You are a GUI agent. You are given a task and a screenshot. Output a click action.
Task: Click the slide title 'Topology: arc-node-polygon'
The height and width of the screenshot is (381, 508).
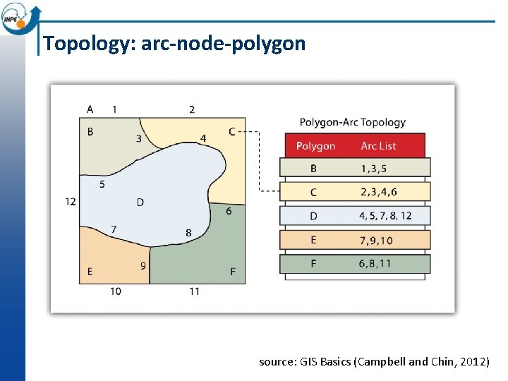174,44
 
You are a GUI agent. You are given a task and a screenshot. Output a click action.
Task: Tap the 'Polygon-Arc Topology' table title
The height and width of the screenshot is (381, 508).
352,122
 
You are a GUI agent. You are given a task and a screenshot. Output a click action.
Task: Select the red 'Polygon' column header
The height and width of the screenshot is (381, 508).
315,146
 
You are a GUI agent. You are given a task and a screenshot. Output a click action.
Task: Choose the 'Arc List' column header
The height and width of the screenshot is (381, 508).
378,146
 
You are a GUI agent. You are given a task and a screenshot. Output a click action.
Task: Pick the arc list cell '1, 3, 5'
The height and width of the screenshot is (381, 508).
374,169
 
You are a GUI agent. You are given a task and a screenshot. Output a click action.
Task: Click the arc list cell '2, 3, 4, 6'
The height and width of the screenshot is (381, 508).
378,192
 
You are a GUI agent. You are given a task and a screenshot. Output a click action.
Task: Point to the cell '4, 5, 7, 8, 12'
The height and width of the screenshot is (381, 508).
385,216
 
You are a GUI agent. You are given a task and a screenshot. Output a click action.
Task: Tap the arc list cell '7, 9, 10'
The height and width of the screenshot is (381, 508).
376,241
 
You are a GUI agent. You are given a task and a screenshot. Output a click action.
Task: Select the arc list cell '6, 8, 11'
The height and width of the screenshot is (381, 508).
375,264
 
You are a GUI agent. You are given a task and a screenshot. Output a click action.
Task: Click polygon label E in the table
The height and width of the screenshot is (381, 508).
313,241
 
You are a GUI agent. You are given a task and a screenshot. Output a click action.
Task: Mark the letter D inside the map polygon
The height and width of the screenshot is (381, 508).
140,202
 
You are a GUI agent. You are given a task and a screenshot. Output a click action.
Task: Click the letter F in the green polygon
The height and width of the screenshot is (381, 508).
233,272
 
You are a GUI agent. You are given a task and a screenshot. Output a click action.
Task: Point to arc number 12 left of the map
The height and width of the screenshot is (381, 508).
71,202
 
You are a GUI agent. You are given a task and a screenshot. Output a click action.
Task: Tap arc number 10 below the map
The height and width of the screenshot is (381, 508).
115,291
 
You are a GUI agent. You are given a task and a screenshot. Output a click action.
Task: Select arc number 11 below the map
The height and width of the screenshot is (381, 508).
194,291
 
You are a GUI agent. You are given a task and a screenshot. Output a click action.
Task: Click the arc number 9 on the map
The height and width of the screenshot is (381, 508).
143,266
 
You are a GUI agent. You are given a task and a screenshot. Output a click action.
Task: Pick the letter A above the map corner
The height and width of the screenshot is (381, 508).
90,109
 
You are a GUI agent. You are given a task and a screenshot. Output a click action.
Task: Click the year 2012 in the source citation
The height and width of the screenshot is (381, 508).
473,362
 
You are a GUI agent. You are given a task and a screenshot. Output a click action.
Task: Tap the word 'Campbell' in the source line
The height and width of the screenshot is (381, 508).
383,362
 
